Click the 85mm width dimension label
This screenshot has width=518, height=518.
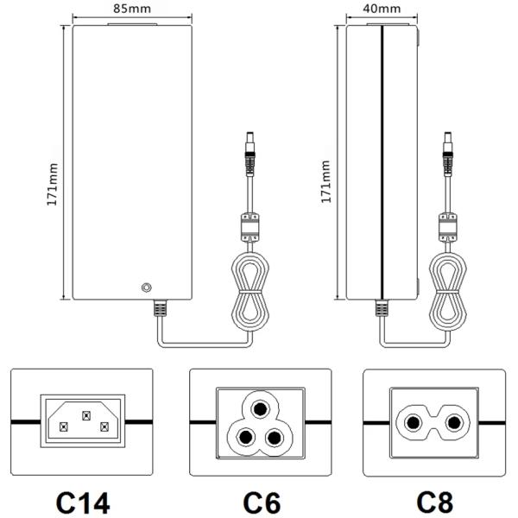tap(129, 9)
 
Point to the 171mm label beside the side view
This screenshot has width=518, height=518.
tap(325, 181)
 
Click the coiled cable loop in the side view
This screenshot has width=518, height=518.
tap(448, 289)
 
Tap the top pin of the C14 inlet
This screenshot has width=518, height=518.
tap(85, 415)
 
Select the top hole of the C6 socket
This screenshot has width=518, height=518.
tap(260, 407)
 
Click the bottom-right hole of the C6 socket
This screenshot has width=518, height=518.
tap(275, 437)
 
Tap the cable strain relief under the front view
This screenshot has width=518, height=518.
tap(159, 307)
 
